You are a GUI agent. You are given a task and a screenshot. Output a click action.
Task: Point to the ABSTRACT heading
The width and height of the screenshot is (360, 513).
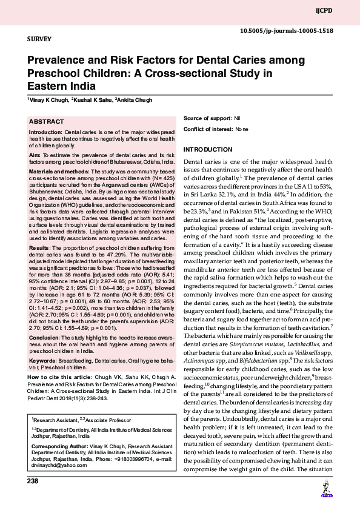(x=47, y=121)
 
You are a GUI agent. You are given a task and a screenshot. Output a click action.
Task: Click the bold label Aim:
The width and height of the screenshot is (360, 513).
(x=35, y=156)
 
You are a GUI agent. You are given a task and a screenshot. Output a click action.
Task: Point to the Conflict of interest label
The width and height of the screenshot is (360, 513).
(x=207, y=129)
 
